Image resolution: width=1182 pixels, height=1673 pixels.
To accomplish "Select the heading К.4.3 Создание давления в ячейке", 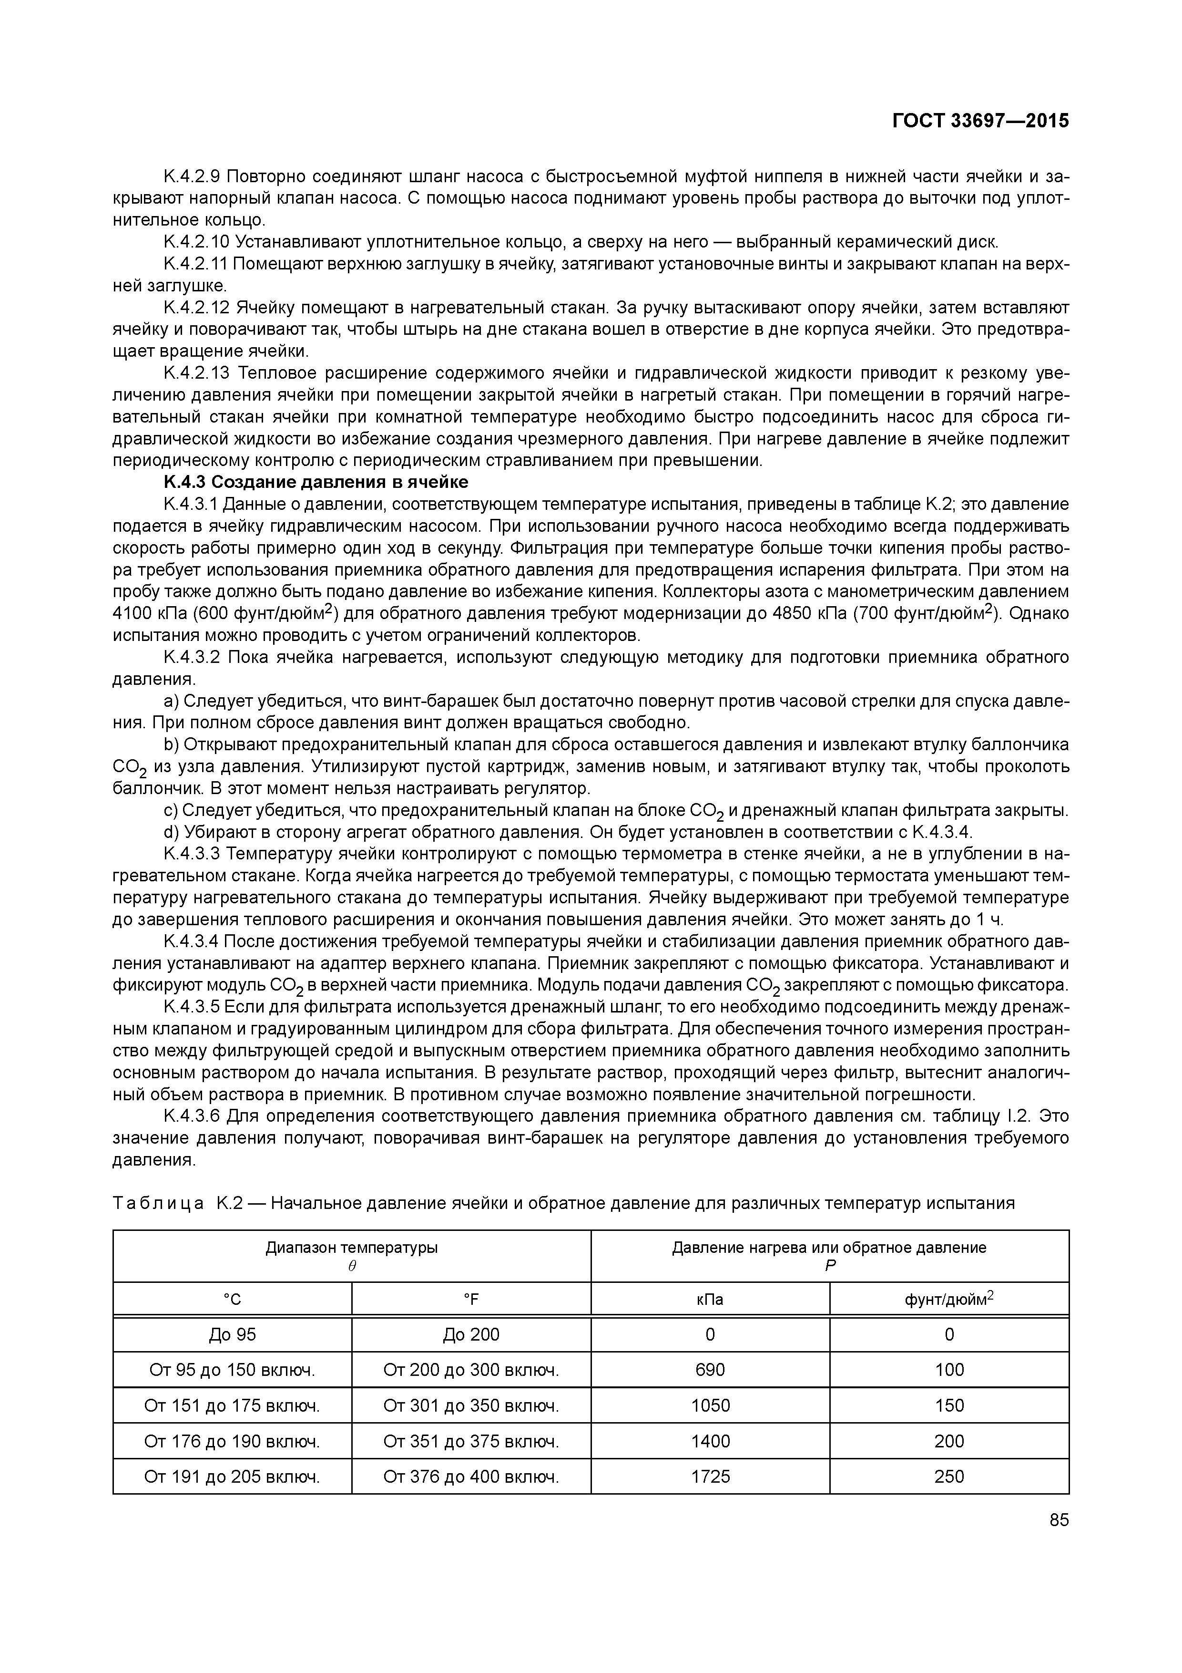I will pyautogui.click(x=316, y=482).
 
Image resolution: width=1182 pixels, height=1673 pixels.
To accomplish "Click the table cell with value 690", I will pyautogui.click(x=710, y=1370).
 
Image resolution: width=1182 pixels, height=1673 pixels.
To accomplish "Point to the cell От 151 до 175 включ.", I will pyautogui.click(x=232, y=1405).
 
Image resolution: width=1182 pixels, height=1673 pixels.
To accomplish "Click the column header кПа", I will pyautogui.click(x=710, y=1299).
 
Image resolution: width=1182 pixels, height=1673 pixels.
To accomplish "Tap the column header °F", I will pyautogui.click(x=471, y=1299).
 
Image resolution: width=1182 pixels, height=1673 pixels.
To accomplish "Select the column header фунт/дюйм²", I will pyautogui.click(x=949, y=1299).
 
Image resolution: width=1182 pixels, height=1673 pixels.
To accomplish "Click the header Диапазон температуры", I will pyautogui.click(x=352, y=1248).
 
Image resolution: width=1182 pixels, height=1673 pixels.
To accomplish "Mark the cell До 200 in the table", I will pyautogui.click(x=471, y=1334).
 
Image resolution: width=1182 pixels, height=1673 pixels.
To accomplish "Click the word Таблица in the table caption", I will pyautogui.click(x=159, y=1203).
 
